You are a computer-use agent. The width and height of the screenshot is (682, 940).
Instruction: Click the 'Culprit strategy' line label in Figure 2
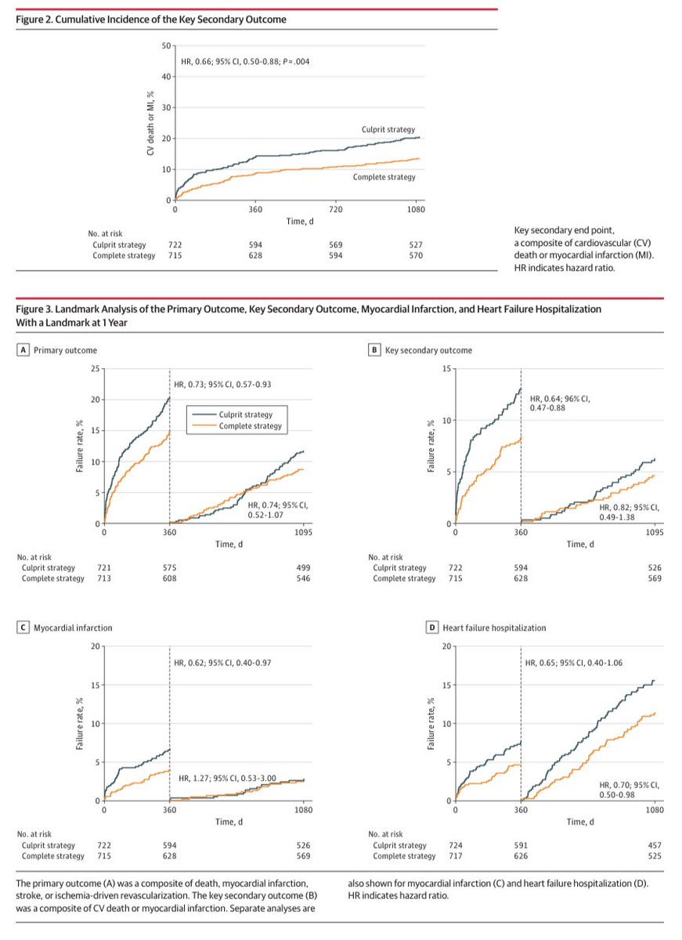point(388,128)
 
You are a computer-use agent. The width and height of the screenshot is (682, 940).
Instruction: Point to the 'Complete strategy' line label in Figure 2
point(384,177)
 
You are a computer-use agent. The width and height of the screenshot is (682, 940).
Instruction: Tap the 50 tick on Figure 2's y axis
point(165,45)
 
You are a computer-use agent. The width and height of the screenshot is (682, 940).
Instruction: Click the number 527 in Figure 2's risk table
point(416,244)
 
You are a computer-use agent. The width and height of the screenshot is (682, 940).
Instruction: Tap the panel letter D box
point(373,628)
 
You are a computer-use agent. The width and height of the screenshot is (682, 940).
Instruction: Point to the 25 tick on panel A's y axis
point(96,368)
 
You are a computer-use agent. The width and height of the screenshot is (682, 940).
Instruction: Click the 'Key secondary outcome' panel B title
point(428,350)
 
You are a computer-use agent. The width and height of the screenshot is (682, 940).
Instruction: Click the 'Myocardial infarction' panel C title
point(73,628)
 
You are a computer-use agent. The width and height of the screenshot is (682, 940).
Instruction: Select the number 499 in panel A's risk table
point(302,567)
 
